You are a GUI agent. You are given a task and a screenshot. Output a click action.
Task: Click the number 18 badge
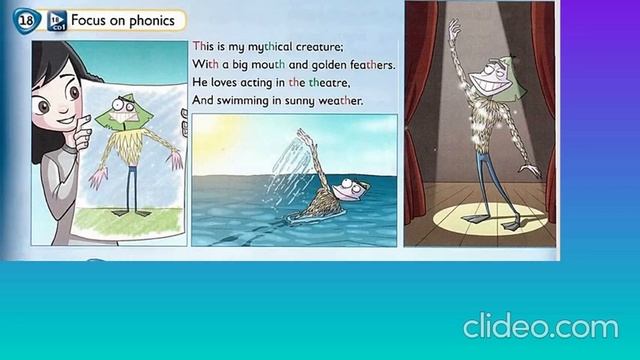(x=24, y=19)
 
